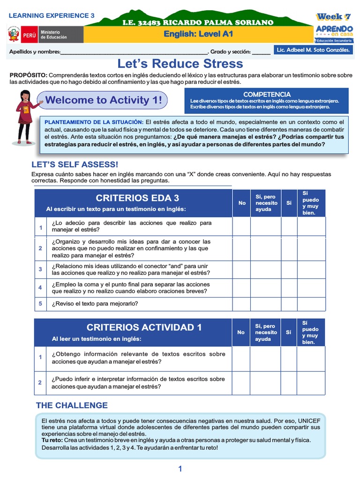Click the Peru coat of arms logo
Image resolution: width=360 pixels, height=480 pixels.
14,34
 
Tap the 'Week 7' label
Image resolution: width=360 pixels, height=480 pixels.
333,17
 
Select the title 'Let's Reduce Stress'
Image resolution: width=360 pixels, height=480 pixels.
180,64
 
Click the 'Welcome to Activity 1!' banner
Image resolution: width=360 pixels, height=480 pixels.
104,100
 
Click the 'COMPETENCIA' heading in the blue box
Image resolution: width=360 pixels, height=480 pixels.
267,94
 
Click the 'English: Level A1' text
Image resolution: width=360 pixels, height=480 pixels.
198,34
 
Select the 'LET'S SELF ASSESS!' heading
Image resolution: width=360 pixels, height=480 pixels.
75,164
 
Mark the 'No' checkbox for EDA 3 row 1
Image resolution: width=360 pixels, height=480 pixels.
241,226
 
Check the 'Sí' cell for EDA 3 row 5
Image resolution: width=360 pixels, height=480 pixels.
289,304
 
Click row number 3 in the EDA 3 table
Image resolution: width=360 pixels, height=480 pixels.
40,269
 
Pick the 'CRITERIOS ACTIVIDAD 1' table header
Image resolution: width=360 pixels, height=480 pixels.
144,327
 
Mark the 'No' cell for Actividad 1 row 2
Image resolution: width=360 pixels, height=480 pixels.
240,383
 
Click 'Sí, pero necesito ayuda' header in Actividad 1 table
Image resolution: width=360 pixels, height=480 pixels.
266,332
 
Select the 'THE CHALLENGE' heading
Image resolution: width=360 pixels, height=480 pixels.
72,405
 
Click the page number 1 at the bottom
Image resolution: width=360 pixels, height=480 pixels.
180,469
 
